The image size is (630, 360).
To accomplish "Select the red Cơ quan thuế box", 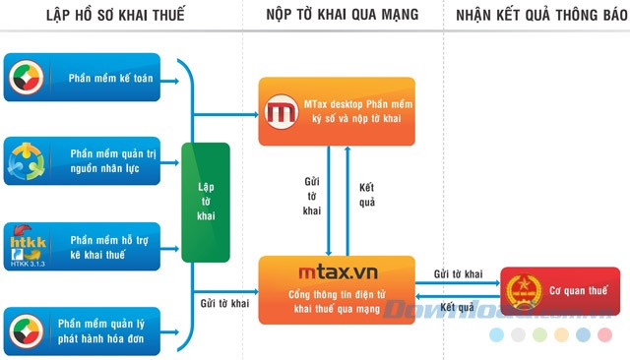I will click(x=555, y=292).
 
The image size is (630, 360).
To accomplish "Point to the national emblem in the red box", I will click(x=522, y=292).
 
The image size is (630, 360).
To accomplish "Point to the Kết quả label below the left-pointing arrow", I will click(x=459, y=307).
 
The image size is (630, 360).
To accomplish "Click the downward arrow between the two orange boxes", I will click(x=328, y=197).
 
